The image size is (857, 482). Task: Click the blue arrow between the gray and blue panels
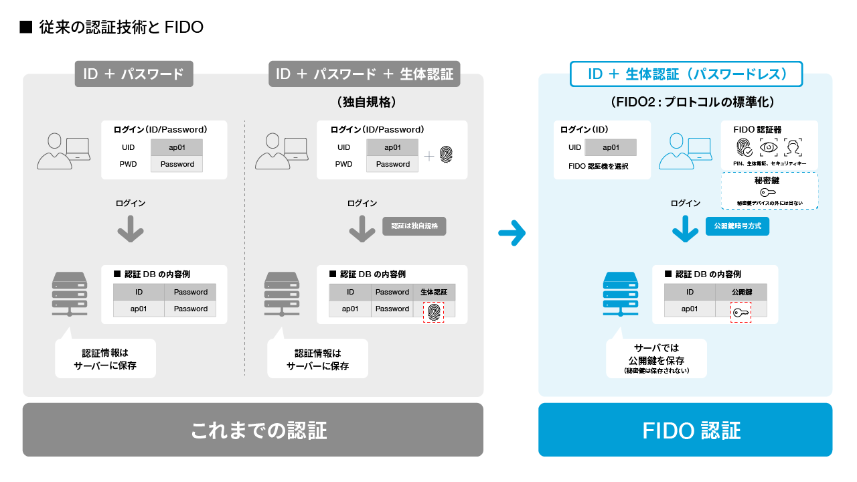point(512,234)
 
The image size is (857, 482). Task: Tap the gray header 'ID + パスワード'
point(133,74)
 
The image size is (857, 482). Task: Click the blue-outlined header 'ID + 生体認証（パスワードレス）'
point(686,74)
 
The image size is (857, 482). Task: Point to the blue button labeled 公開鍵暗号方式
point(737,226)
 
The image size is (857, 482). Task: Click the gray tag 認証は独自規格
point(414,226)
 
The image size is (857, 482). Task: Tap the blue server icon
point(621,293)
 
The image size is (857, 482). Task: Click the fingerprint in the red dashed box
point(435,312)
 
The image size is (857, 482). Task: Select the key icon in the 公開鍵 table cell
point(741,312)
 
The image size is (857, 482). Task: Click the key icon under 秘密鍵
point(768,193)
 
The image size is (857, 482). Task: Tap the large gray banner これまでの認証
point(253,430)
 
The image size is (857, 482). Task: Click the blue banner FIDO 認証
point(685,430)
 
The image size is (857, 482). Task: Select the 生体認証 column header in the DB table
point(434,292)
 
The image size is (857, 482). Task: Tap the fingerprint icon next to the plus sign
point(446,155)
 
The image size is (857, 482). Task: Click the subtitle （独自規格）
point(368,102)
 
